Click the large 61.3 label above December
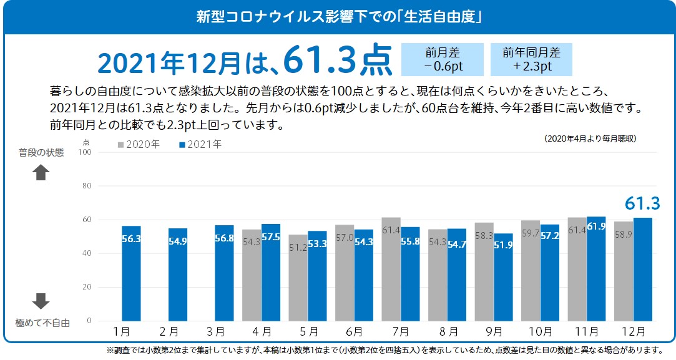[642, 203]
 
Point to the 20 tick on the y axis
[87, 287]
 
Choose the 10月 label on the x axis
[540, 331]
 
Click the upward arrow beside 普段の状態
[41, 173]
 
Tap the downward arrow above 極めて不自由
[41, 301]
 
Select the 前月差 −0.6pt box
[443, 59]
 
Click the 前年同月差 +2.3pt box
[531, 59]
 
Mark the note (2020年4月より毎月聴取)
[590, 139]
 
